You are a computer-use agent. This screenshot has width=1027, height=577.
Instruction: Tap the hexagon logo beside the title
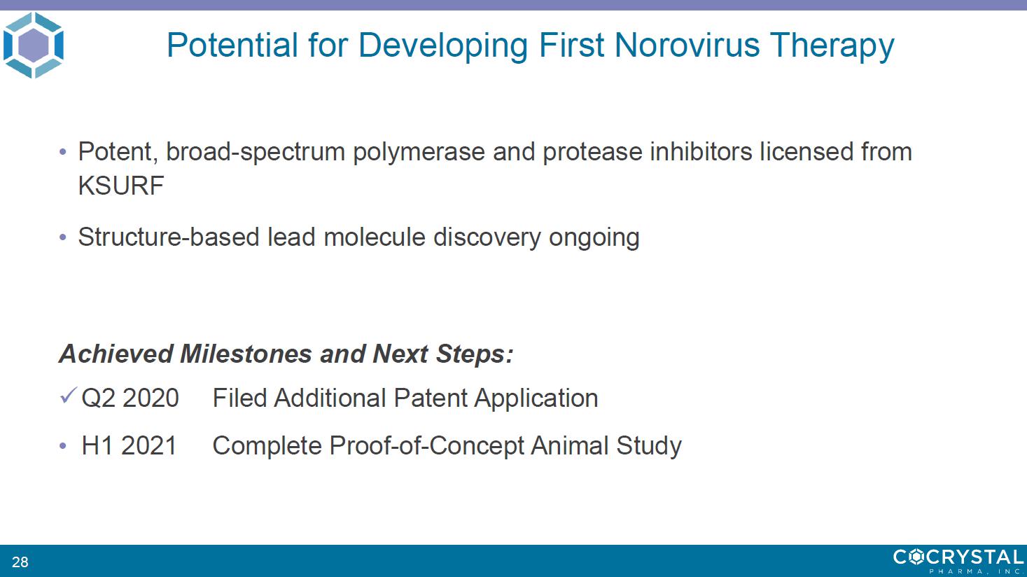click(x=33, y=45)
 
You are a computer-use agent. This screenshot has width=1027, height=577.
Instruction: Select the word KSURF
click(x=121, y=186)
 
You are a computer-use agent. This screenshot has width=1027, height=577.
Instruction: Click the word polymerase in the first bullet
click(x=419, y=152)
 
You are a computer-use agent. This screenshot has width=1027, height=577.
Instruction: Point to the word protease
click(x=592, y=152)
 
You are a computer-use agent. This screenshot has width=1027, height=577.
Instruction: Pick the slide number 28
click(x=20, y=562)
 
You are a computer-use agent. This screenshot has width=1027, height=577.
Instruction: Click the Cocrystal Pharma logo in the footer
click(x=958, y=560)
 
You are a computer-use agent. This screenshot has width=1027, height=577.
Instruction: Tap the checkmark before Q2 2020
click(x=68, y=396)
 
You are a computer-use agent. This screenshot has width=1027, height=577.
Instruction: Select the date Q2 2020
click(x=130, y=398)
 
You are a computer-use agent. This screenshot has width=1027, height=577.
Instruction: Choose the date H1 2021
click(x=129, y=445)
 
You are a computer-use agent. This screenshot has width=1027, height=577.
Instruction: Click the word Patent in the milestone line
click(x=430, y=398)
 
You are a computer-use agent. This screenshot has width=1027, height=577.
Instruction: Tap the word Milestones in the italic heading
click(x=246, y=354)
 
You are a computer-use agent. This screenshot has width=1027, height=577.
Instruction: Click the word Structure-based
click(x=169, y=237)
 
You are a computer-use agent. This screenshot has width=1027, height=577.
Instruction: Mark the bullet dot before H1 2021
click(x=63, y=445)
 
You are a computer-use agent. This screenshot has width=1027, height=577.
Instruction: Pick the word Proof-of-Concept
click(x=426, y=445)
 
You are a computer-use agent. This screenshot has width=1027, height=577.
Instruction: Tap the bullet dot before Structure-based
click(x=63, y=237)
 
